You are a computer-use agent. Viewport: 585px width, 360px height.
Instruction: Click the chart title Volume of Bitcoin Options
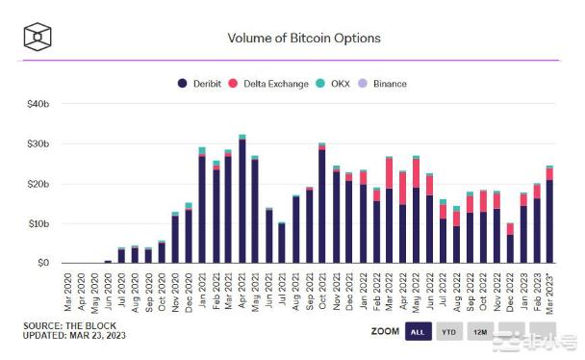pyautogui.click(x=303, y=39)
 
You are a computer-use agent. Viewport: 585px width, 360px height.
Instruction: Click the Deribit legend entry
pyautogui.click(x=205, y=84)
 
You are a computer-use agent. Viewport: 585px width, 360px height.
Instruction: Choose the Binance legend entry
pyautogui.click(x=384, y=84)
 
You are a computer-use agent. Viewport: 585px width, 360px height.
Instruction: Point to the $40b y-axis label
pyautogui.click(x=38, y=104)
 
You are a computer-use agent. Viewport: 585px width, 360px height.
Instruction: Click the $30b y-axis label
pyautogui.click(x=38, y=143)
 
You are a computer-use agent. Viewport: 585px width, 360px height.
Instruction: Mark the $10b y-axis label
pyautogui.click(x=38, y=223)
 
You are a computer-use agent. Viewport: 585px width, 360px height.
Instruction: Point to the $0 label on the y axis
pyautogui.click(x=42, y=263)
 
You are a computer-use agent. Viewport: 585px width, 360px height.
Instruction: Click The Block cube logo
pyautogui.click(x=38, y=38)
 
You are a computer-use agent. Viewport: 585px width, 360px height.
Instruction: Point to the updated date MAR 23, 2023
pyautogui.click(x=104, y=337)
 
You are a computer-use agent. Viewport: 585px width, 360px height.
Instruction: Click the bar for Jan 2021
pyautogui.click(x=202, y=207)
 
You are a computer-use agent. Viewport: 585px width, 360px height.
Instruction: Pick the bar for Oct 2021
pyautogui.click(x=321, y=204)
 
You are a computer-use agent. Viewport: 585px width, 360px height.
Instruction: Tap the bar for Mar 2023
pyautogui.click(x=549, y=216)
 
